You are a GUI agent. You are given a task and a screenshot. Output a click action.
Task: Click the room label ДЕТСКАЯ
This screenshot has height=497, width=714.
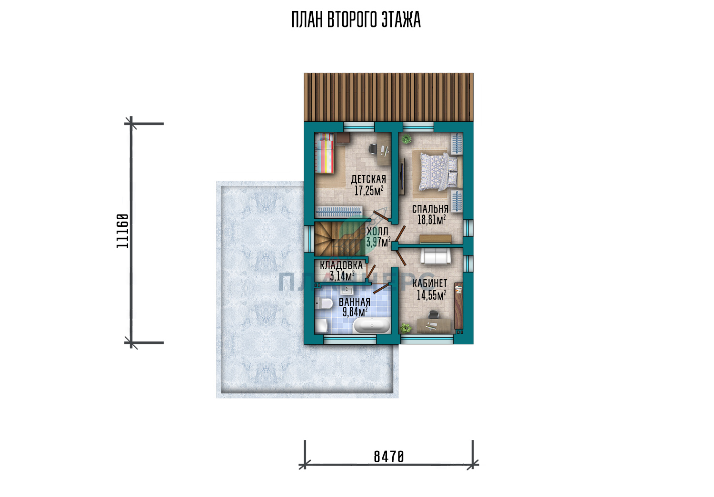coord(368,179)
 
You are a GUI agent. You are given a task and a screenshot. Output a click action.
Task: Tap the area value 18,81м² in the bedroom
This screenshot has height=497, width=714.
coord(431,220)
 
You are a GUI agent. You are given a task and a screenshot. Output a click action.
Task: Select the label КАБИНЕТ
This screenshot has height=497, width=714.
coord(430,283)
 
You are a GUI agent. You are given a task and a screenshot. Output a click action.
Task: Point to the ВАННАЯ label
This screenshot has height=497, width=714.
coord(355,302)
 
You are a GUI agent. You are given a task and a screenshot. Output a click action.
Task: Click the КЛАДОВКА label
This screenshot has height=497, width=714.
coord(341,265)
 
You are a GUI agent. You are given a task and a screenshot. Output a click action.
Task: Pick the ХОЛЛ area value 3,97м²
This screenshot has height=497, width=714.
coord(378,242)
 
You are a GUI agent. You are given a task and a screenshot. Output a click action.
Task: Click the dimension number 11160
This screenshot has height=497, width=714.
coord(122,231)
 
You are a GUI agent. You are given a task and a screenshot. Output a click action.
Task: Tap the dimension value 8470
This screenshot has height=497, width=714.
coord(388,457)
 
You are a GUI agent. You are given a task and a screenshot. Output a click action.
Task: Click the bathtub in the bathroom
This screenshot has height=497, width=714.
coord(371,325)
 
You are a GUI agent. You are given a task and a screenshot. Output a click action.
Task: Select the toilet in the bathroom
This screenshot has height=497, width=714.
coord(320,304)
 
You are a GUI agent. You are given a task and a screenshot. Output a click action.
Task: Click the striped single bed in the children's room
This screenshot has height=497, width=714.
coord(325,153)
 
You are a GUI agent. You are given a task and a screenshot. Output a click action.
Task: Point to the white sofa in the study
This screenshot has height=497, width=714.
coord(436,256)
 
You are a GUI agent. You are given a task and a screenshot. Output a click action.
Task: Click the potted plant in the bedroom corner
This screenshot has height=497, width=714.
coord(407,139)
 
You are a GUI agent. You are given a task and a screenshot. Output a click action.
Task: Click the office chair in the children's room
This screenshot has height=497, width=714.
coord(373,149)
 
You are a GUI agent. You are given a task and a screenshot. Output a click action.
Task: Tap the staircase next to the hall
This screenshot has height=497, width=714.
coord(339,238)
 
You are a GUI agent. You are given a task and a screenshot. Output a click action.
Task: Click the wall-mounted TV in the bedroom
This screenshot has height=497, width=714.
coord(401,177)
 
